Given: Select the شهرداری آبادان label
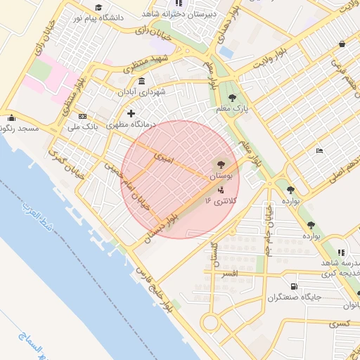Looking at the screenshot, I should point(162,92).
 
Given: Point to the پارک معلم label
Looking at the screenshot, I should point(232,109).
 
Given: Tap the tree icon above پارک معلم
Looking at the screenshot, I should point(232,98).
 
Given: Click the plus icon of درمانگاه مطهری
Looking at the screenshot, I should point(130,113).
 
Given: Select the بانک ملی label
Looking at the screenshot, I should point(82,127).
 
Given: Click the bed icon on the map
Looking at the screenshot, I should point(320,150).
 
